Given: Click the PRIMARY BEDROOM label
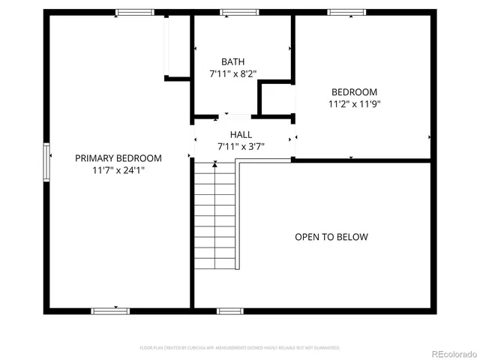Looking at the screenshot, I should click(118, 158).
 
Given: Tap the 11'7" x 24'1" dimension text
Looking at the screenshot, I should click(118, 170).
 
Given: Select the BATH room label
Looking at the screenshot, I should click(232, 61).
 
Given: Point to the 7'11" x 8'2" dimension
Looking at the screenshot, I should click(232, 74).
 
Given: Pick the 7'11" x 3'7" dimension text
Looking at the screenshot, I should click(241, 146).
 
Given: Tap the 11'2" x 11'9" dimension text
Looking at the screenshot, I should click(355, 104).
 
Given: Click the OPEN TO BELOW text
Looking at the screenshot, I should click(331, 237).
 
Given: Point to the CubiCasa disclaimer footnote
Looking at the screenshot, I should click(240, 348).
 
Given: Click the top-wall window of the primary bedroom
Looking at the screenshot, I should click(134, 12).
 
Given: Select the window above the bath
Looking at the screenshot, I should click(239, 12).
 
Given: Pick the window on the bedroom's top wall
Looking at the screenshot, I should click(347, 12).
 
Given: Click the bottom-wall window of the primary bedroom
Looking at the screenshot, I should click(110, 310).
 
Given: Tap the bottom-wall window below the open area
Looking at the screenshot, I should click(229, 310).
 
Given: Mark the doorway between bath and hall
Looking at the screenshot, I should click(235, 116).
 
